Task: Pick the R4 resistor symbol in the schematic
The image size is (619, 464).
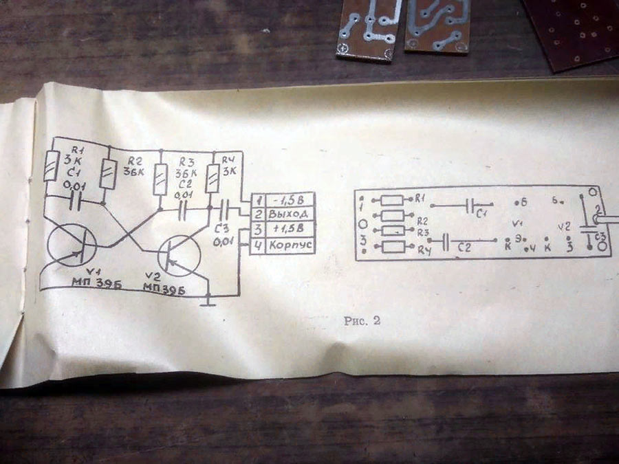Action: tap(212, 178)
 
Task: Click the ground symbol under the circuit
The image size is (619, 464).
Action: tap(207, 300)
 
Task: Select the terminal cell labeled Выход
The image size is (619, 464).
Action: tap(288, 214)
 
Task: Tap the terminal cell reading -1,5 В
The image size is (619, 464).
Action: tap(288, 200)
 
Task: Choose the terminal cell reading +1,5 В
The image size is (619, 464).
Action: tap(288, 229)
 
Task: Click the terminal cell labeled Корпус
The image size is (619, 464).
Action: tap(288, 244)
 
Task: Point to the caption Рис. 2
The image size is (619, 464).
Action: tap(362, 321)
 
